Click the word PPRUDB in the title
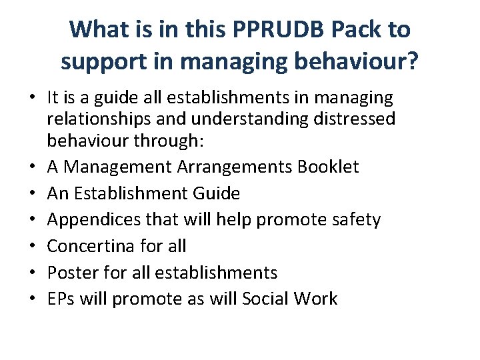pos(263,29)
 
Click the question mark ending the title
pos(413,62)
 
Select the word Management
pos(122,167)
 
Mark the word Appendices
pos(93,220)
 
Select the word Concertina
pos(89,246)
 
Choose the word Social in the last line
pos(265,299)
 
